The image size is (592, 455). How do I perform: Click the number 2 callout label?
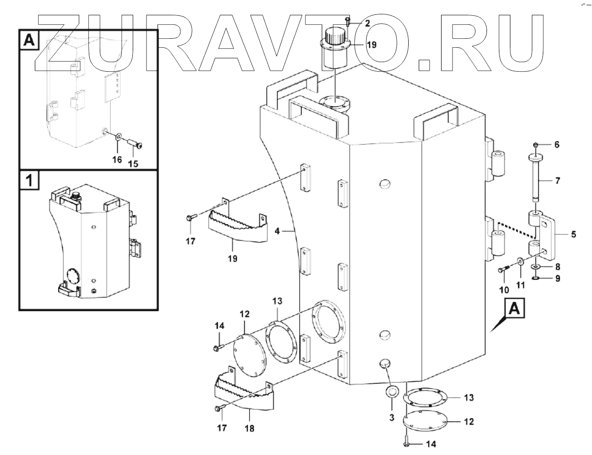pyautogui.click(x=367, y=23)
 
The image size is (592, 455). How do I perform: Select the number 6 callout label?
pyautogui.click(x=556, y=144)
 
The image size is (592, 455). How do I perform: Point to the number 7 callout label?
pyautogui.click(x=558, y=181)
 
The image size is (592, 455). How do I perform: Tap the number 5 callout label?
pyautogui.click(x=573, y=235)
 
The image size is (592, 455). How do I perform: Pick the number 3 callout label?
pyautogui.click(x=391, y=417)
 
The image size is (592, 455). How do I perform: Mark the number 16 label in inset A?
pyautogui.click(x=117, y=160)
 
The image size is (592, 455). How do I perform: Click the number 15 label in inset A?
pyautogui.click(x=133, y=163)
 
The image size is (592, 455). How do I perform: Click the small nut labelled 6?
pyautogui.click(x=537, y=144)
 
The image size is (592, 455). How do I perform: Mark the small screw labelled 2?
pyautogui.click(x=347, y=21)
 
